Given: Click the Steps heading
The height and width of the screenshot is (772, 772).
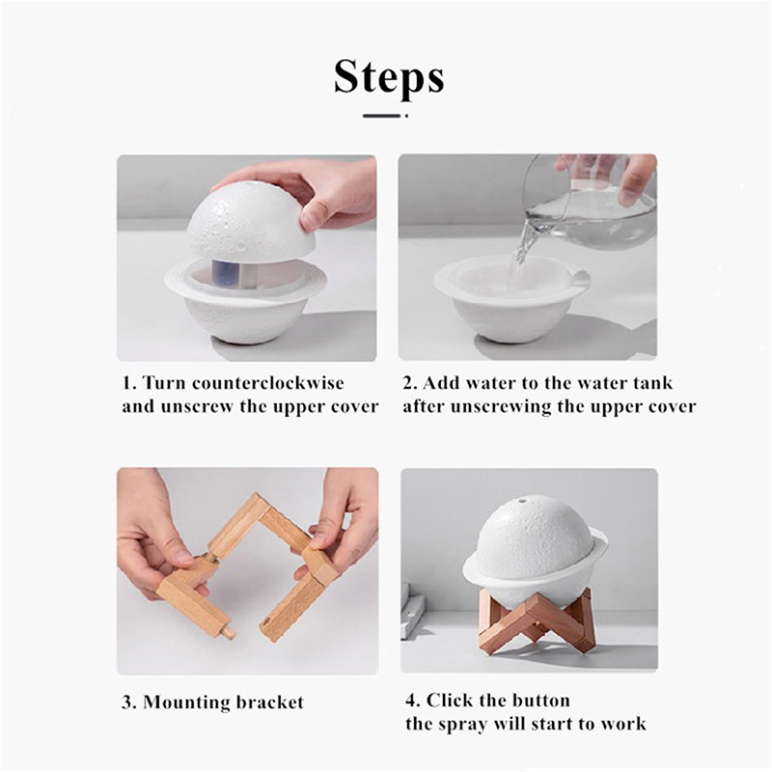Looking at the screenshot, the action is click(x=389, y=77).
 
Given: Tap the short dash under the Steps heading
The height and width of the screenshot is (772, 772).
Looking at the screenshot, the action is click(x=381, y=116).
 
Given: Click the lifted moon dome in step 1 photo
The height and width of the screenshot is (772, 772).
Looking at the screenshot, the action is click(x=251, y=220).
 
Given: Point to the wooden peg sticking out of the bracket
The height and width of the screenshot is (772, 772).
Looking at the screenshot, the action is click(x=228, y=632).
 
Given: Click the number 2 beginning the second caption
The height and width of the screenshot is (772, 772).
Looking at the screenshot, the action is click(x=407, y=383).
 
